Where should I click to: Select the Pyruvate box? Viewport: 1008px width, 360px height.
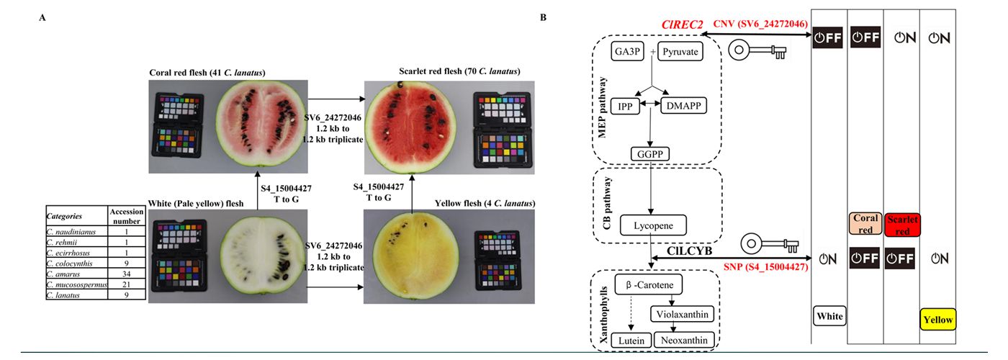coord(680,52)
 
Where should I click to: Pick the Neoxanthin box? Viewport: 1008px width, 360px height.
coord(684,340)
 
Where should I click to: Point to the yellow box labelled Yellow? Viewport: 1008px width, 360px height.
coord(938,319)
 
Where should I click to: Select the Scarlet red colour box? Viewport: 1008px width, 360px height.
coord(903,224)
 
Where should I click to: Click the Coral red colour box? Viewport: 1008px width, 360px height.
coord(865,224)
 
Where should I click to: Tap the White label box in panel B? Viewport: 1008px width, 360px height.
coord(828,315)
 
